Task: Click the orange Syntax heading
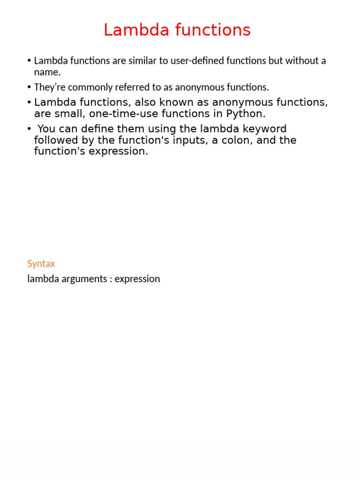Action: coord(41,264)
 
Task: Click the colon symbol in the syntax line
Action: coord(111,279)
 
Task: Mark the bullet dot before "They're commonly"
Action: coord(29,87)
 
